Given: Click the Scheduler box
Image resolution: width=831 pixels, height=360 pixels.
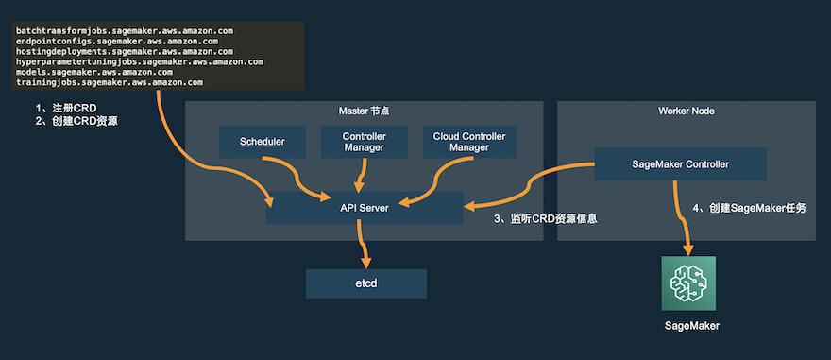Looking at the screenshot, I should point(262,142).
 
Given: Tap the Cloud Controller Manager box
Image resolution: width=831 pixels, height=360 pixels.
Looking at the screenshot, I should point(468,142).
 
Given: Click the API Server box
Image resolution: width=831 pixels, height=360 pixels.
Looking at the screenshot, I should point(364,207).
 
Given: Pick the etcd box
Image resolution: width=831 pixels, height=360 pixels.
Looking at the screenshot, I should point(365,283).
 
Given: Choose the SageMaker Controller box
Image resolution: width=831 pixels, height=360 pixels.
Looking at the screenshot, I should point(680,164).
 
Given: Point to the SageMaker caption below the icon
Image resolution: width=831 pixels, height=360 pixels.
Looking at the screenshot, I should point(689,326).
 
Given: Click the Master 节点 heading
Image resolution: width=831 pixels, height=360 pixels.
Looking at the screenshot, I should point(364,111).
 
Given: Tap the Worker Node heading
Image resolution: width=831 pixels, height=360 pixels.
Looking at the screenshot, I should point(686,111).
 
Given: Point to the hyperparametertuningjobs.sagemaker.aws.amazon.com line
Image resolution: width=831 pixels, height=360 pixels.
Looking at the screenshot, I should point(139,62).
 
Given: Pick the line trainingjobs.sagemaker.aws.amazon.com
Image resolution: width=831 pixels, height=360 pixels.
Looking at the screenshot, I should point(109,83).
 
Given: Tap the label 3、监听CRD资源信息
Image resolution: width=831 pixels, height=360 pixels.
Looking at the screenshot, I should point(547,219).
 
